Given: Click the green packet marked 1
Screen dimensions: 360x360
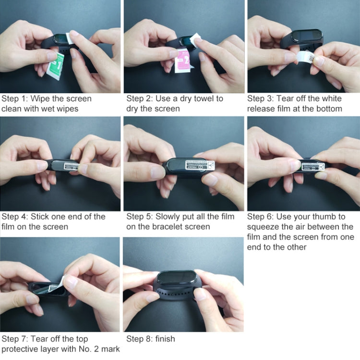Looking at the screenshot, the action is coord(55,66).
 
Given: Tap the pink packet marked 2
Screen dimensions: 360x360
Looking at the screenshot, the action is coord(183,62).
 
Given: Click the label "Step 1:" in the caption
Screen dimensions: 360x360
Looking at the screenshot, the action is coord(15,99).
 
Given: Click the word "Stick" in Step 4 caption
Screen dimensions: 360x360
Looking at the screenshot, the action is coord(40,216).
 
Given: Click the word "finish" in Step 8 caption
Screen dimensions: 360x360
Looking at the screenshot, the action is coord(165,339).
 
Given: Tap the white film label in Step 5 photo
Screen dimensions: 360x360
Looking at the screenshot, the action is coord(200,165).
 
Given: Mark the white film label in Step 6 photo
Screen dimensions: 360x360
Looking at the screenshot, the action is coord(313,167).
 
